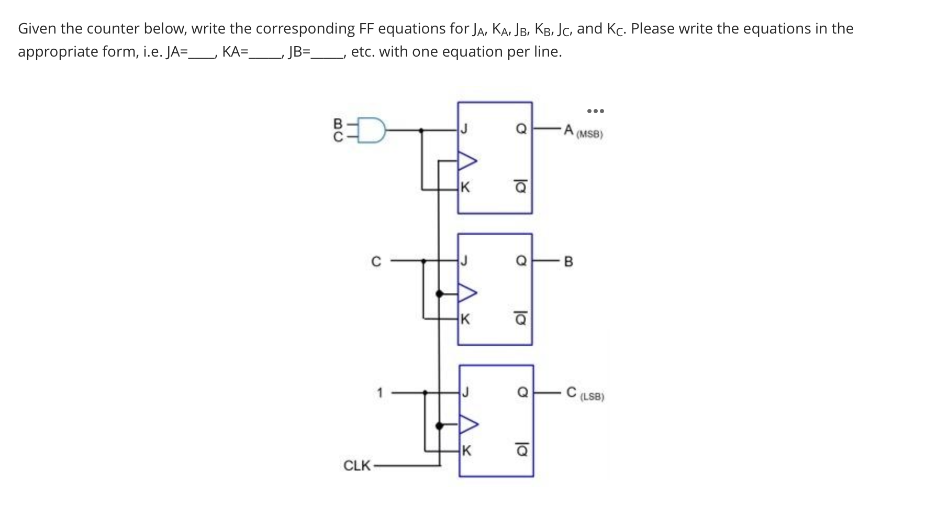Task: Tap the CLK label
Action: point(357,465)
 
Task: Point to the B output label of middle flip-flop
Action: point(569,261)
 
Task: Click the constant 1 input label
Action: point(380,391)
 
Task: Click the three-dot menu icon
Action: point(595,111)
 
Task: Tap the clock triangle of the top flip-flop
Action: point(467,160)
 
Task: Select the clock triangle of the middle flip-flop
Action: point(467,293)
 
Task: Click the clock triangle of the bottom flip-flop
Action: point(468,424)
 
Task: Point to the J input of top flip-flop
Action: point(464,129)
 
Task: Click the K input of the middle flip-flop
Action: point(465,319)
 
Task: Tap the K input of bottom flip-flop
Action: point(466,451)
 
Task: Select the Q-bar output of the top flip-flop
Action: point(520,187)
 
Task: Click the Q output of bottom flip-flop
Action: point(522,392)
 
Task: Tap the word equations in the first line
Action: point(411,28)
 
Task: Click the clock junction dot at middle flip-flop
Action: point(440,294)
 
